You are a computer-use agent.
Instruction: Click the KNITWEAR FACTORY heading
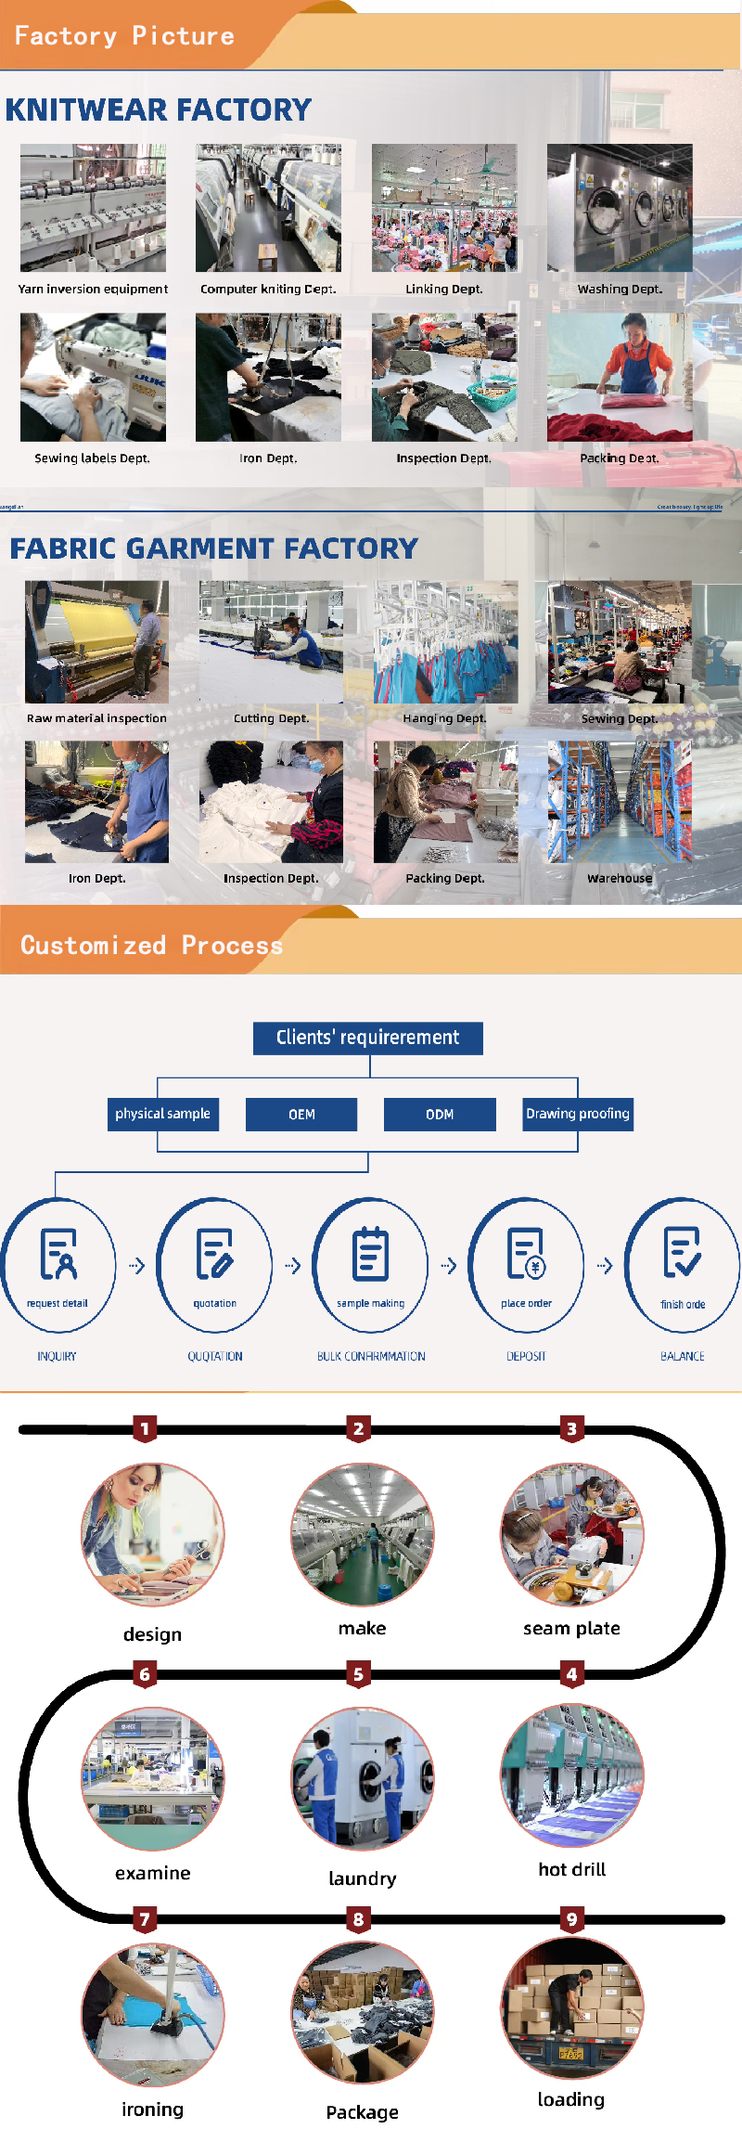click(x=159, y=110)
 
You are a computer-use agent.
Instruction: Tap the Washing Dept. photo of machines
click(x=620, y=207)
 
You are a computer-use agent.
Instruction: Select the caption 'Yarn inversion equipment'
click(x=93, y=290)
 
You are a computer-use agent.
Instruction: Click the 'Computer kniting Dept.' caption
click(x=268, y=290)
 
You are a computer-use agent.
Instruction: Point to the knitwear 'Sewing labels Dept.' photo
click(x=93, y=377)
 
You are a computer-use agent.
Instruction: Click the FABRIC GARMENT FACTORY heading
click(x=213, y=548)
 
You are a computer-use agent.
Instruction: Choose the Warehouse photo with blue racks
click(x=620, y=802)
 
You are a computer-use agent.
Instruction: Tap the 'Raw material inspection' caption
click(x=96, y=718)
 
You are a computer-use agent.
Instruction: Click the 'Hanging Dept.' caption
click(x=444, y=718)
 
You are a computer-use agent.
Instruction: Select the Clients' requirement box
click(x=368, y=1038)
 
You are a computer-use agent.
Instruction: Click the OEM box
click(x=301, y=1115)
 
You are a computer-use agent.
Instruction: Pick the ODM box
click(x=440, y=1115)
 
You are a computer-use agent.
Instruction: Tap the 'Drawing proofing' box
click(x=577, y=1114)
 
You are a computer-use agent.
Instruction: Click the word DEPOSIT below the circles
click(x=526, y=1357)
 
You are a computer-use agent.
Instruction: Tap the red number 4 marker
click(x=571, y=1675)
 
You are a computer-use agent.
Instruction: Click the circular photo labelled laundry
click(x=363, y=1778)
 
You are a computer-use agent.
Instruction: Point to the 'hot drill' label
click(x=571, y=1869)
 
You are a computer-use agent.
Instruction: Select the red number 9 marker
click(x=571, y=1919)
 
